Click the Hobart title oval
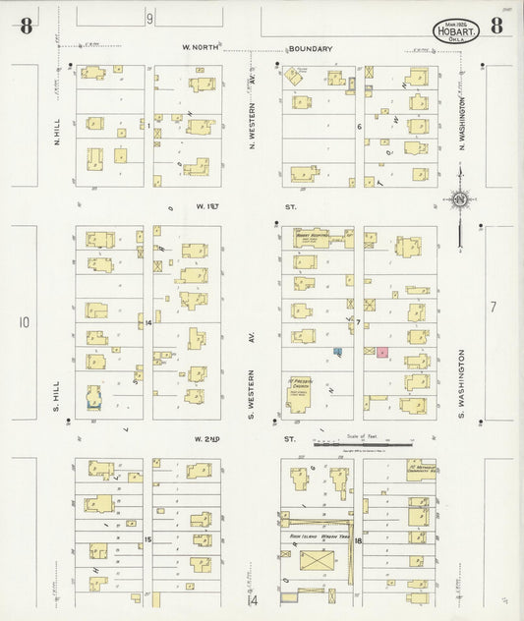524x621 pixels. coord(457,30)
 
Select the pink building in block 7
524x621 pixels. coord(381,352)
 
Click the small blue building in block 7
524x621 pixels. coord(337,351)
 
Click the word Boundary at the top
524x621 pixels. coord(310,48)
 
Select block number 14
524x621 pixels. coord(148,322)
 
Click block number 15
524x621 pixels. coord(148,539)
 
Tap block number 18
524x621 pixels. coord(359,539)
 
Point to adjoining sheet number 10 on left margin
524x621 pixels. coord(24,321)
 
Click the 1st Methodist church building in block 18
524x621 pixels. coord(421,471)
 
